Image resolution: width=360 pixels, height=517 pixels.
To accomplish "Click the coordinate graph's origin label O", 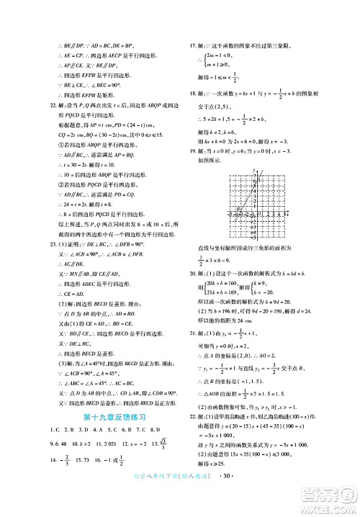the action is pyautogui.click(x=251, y=216).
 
